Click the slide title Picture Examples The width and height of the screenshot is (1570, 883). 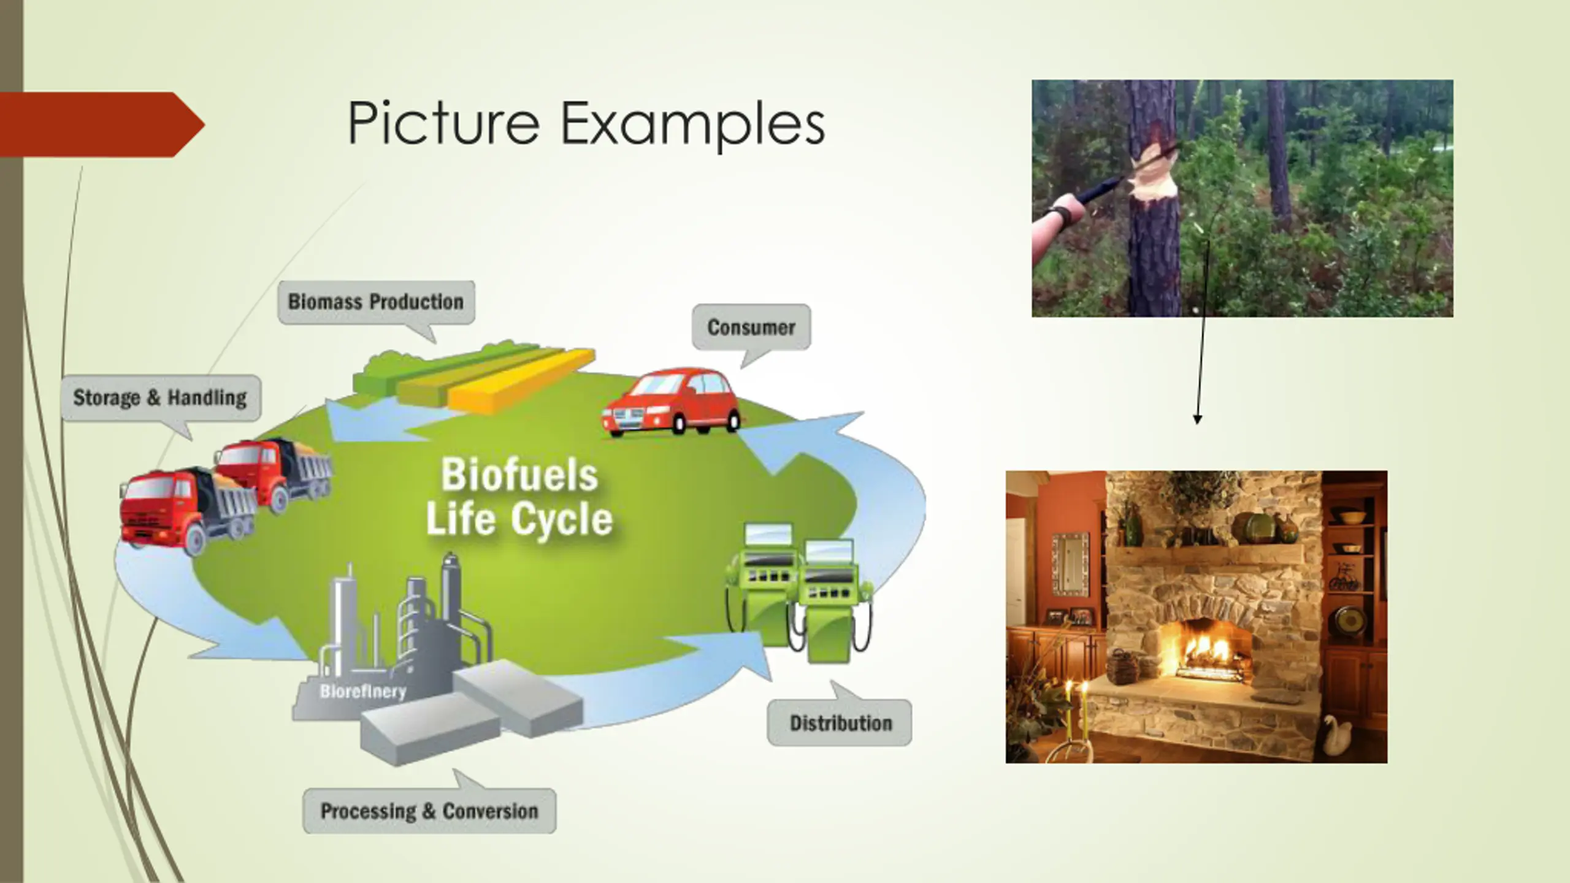[586, 124]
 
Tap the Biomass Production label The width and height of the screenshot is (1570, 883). [376, 302]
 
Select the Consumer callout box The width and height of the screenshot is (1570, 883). [751, 327]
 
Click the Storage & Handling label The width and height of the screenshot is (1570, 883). [160, 398]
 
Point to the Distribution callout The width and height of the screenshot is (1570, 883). [840, 723]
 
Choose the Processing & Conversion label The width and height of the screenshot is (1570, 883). [429, 811]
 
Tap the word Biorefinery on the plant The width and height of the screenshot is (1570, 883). [363, 692]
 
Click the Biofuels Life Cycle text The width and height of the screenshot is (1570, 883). [519, 497]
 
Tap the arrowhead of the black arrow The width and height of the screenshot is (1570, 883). [1197, 419]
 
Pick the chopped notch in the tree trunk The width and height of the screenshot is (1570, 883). [1153, 172]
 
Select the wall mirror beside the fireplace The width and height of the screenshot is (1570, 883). [1071, 564]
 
